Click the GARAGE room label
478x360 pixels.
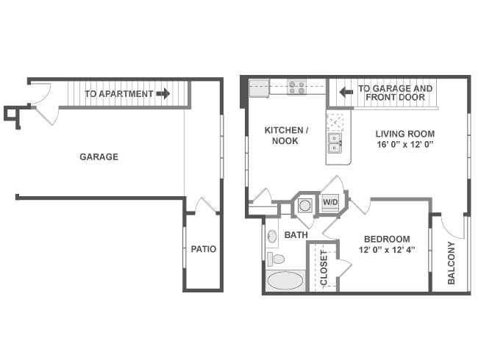click(99, 156)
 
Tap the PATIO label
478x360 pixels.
click(204, 249)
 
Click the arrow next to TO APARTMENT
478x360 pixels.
click(163, 93)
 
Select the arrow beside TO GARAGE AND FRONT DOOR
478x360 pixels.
click(346, 91)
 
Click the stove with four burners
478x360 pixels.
click(297, 87)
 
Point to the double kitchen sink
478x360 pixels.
click(335, 143)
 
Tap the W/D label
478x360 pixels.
click(330, 201)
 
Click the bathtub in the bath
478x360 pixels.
click(285, 281)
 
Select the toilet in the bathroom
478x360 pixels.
click(276, 259)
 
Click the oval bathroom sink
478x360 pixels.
click(272, 236)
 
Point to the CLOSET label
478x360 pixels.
click(324, 268)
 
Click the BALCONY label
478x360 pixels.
click(452, 263)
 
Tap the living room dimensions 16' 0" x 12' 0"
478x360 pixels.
click(405, 144)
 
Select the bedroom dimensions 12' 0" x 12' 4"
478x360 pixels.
click(387, 250)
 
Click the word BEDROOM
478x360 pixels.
click(387, 239)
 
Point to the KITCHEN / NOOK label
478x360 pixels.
click(286, 135)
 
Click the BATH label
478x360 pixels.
click(296, 235)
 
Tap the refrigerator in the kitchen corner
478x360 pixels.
click(259, 88)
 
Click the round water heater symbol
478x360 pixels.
click(305, 205)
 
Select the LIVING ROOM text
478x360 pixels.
click(405, 134)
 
